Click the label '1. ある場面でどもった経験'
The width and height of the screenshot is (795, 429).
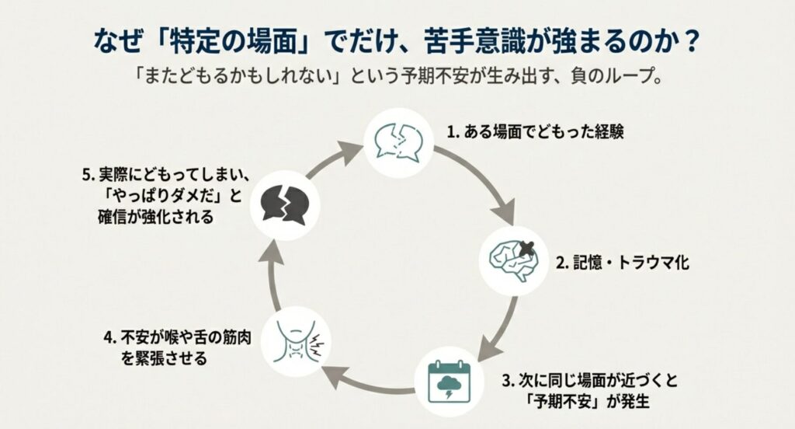click(536, 131)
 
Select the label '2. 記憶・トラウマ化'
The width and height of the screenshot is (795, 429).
click(621, 263)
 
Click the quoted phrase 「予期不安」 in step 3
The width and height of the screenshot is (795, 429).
click(556, 402)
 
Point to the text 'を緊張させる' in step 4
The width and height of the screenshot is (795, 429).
click(165, 359)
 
